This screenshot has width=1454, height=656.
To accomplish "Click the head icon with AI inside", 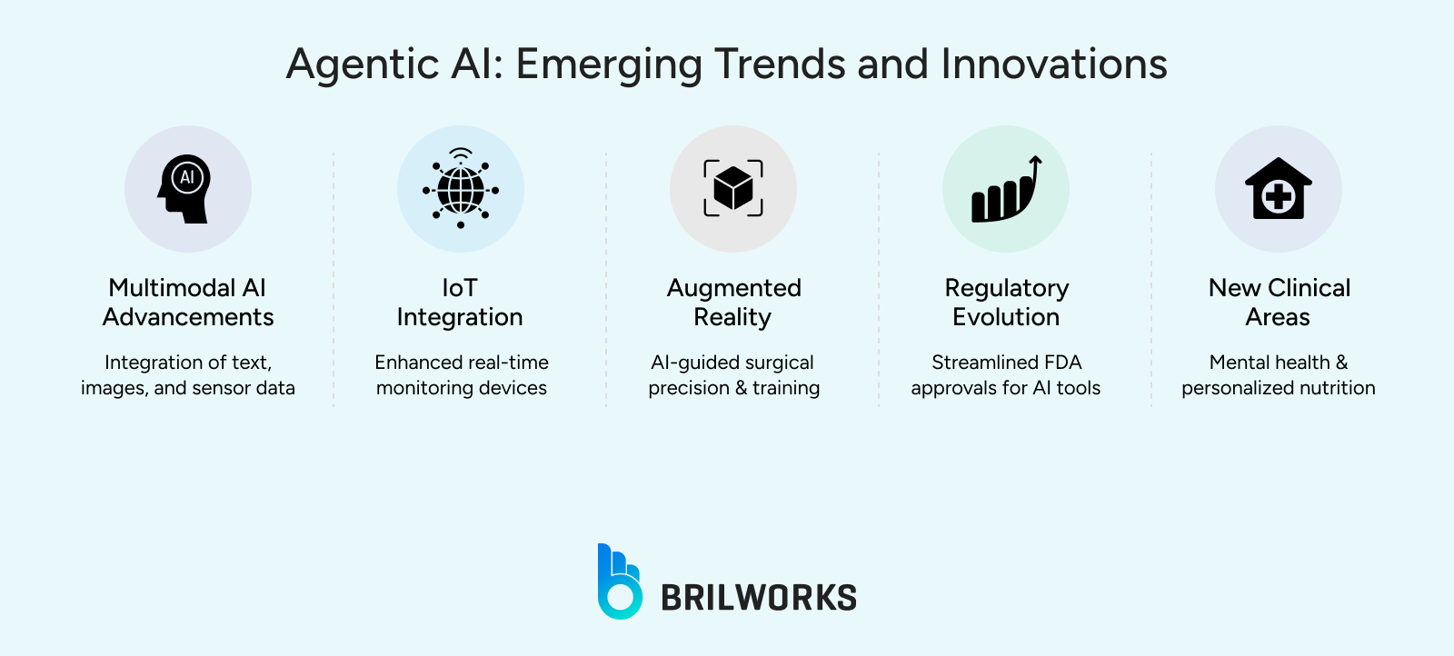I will coord(187,189).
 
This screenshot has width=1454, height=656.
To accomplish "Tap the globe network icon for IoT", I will coord(461,189).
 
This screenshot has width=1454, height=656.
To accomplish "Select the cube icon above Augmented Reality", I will coord(733,189).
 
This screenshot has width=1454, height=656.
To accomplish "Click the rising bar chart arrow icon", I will coord(1006,189).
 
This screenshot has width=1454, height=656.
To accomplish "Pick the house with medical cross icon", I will coord(1278,189).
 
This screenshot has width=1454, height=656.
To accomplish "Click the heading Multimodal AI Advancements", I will coord(188,303).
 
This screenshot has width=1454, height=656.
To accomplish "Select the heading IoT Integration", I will coord(460,303).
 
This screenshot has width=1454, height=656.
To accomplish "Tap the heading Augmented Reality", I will coord(733,303).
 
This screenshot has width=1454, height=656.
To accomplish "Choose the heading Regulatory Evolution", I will coord(1006,303).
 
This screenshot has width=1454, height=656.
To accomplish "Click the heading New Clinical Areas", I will coord(1279,303).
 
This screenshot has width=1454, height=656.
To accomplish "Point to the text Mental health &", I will coord(1278,363).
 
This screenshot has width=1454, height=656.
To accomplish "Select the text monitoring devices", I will coord(462,388).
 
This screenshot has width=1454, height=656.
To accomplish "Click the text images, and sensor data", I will coord(188,388).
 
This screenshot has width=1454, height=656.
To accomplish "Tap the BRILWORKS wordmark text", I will coord(758,598).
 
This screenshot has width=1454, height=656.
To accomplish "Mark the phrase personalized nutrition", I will coord(1278,388).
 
